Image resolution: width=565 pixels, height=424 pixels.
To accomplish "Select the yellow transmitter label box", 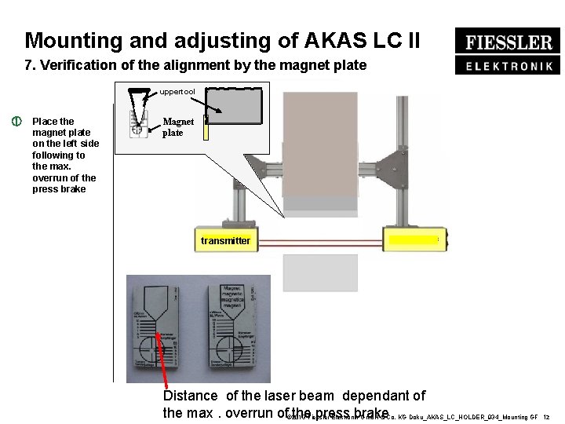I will (225, 240).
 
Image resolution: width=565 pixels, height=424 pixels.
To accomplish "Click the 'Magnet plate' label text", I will (178, 127).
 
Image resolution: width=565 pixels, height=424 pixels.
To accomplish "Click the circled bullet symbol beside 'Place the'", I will (15, 122).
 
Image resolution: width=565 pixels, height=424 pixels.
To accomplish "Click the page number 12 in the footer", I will (546, 417).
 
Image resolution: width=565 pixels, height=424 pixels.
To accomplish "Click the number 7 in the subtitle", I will (29, 65).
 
